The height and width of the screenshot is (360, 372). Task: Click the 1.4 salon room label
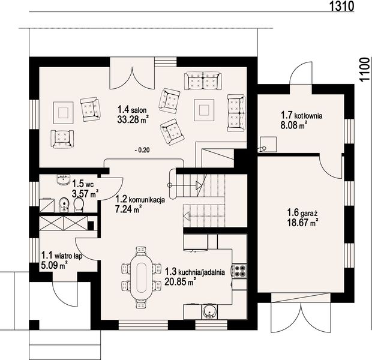[132, 110]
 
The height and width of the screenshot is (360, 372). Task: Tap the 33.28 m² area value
[133, 119]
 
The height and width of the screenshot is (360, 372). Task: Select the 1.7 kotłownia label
[302, 116]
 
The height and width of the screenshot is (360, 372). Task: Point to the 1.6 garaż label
[302, 212]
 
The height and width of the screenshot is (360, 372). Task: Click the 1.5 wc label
[83, 184]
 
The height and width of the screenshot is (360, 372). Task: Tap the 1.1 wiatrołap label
[62, 256]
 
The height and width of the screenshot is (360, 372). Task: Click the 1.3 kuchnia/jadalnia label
[195, 272]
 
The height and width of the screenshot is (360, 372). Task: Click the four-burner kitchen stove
[239, 271]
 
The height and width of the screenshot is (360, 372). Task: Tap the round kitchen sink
[209, 311]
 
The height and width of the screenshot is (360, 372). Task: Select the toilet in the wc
[79, 205]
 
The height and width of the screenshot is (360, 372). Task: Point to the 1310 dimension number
[342, 6]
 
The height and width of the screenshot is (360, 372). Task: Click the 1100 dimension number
[365, 70]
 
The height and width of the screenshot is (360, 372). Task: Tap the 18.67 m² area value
[303, 223]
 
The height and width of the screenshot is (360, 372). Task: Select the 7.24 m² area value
[128, 209]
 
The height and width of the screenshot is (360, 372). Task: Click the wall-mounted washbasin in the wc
[64, 179]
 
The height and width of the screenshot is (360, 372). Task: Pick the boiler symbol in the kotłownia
[268, 144]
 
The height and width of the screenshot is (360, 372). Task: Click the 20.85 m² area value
[181, 282]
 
